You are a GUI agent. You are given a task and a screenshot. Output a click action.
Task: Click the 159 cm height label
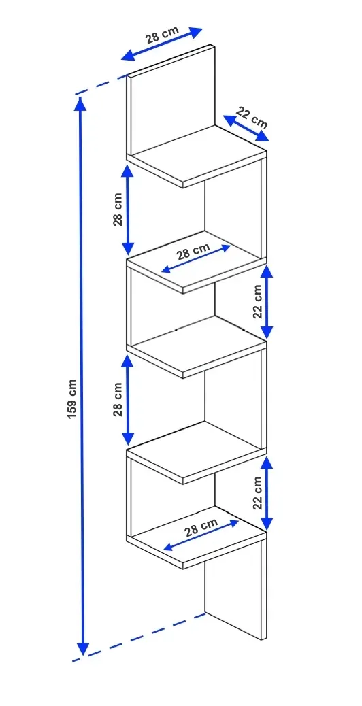coord(73,399)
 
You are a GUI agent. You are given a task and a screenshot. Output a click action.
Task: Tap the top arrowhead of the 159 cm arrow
coord(80,103)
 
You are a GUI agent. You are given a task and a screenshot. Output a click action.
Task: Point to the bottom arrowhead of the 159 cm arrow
coord(82,649)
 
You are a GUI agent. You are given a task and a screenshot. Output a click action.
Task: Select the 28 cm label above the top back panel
coord(162,34)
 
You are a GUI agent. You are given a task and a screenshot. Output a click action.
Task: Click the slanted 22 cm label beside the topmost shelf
coord(252,118)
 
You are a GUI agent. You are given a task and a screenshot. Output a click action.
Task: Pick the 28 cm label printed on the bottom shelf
coord(201,526)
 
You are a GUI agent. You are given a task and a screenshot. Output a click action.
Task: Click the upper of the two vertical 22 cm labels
coord(257,302)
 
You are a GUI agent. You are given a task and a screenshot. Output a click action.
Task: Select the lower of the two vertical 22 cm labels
coord(257,492)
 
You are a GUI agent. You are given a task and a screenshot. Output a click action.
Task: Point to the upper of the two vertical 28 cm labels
coord(118,209)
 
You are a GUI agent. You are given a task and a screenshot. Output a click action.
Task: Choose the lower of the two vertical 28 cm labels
coord(118,399)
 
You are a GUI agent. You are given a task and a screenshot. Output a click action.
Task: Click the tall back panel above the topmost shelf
coord(171,99)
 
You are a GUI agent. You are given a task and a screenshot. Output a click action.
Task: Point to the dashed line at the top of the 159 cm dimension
coord(101,86)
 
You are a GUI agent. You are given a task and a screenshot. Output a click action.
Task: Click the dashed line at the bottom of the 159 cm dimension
coord(139,637)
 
